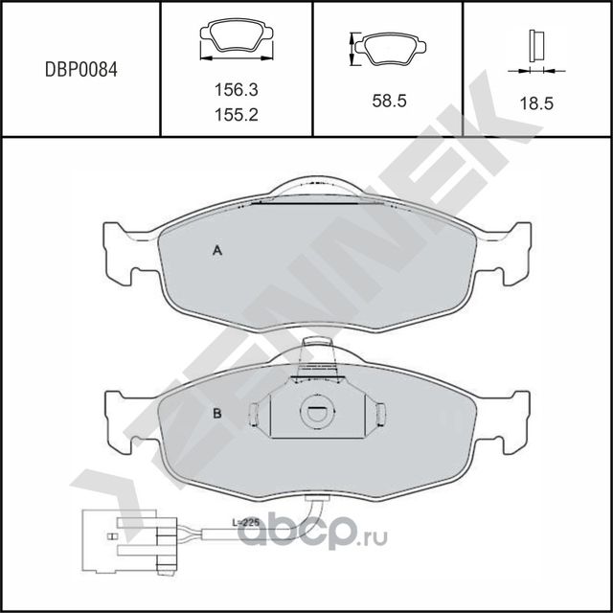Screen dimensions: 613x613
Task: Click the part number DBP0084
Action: (x=81, y=70)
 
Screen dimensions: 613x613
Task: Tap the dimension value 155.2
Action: (x=236, y=113)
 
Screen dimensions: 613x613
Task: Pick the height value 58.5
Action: (x=388, y=100)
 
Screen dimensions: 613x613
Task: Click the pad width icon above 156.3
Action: (x=236, y=41)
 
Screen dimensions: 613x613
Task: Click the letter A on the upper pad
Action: (x=217, y=251)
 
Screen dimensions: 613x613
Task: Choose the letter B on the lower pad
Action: (x=217, y=414)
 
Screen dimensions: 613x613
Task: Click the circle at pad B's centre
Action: (x=314, y=414)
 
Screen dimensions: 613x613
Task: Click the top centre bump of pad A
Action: (x=314, y=188)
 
